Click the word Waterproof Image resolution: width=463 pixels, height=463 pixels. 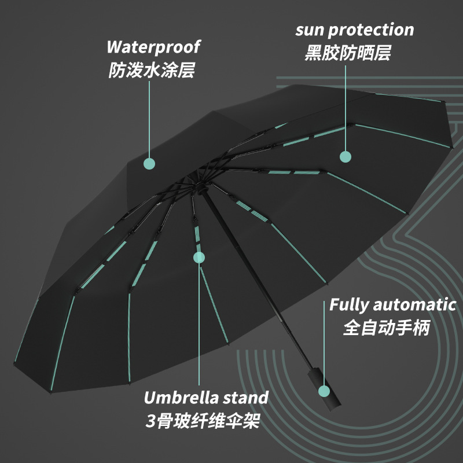click(x=153, y=47)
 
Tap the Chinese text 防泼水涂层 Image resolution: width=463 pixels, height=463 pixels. click(x=152, y=71)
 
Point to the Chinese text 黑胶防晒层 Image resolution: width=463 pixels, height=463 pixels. click(x=348, y=53)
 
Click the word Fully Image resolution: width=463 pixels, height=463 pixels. click(x=349, y=304)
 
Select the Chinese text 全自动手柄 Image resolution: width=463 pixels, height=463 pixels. click(x=387, y=328)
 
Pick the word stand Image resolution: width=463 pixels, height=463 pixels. click(x=247, y=398)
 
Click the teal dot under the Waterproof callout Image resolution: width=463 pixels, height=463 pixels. click(x=149, y=164)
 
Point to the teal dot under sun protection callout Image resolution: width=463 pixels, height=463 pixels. click(x=346, y=156)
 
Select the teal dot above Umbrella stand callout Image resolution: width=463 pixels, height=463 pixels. click(x=199, y=256)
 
